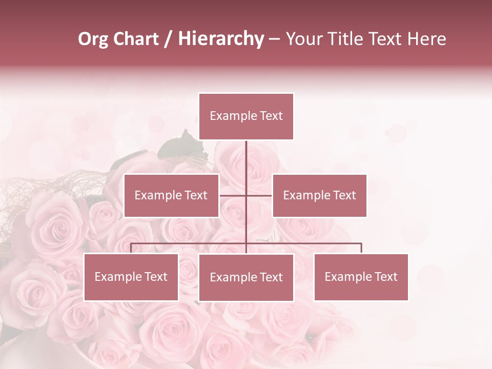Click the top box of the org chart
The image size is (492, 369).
pos(246,116)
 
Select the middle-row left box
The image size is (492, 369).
pos(171,195)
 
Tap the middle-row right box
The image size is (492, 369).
pos(319,195)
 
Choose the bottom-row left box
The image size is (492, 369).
pos(131,277)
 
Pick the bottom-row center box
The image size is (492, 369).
pos(246,277)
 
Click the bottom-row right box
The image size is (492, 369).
pos(361,277)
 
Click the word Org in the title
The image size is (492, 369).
pos(93,39)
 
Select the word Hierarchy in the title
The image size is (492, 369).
pos(221,39)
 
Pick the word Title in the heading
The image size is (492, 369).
pos(346,39)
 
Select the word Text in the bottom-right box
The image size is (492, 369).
pos(385,277)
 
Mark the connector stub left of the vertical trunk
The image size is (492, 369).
pos(233,195)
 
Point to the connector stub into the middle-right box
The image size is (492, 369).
pos(259,195)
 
